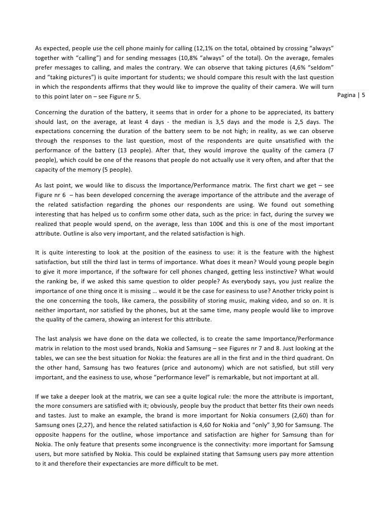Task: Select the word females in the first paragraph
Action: click(x=319, y=58)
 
